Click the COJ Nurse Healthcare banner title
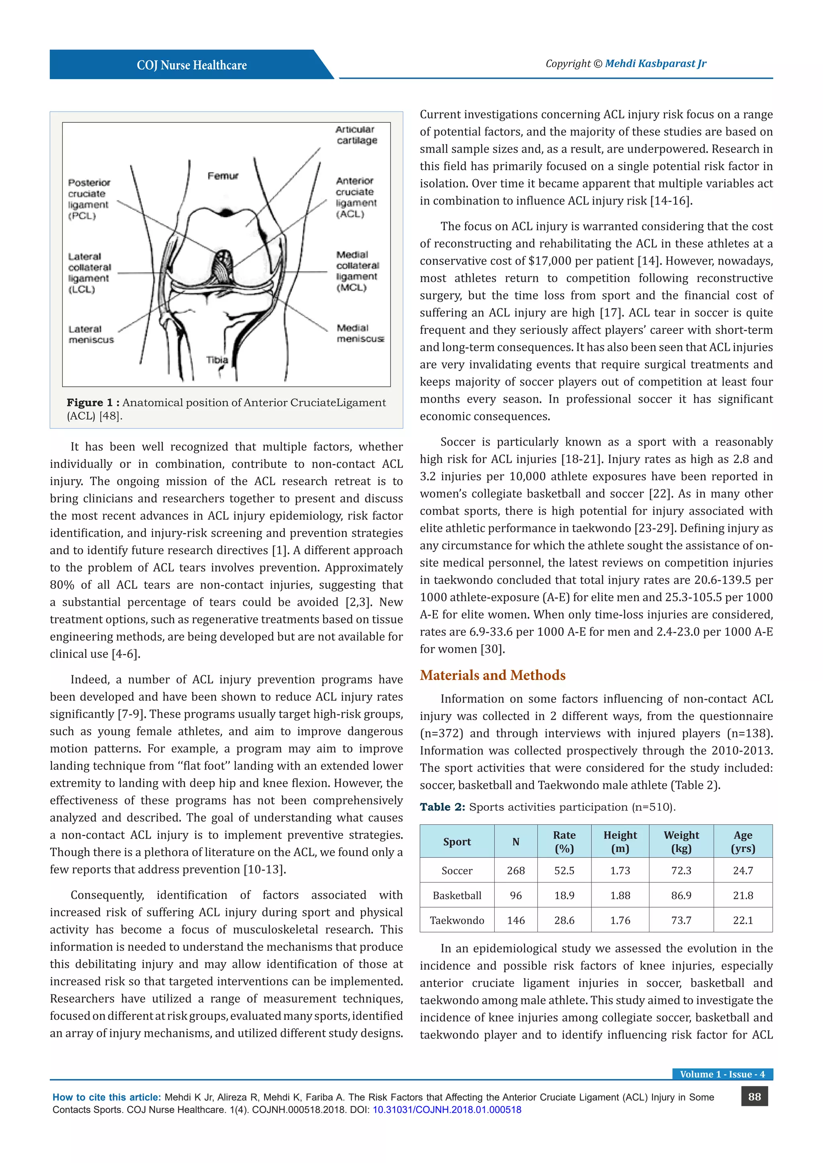(192, 65)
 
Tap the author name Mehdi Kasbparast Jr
(655, 64)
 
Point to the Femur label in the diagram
(223, 176)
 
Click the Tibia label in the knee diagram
(217, 360)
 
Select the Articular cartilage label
(356, 135)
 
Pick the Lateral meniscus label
(91, 334)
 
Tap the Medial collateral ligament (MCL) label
(357, 271)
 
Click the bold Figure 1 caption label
(93, 403)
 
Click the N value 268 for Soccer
(516, 871)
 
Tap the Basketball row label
(457, 896)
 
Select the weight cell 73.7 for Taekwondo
(681, 920)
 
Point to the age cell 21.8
(743, 896)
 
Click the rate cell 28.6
(564, 920)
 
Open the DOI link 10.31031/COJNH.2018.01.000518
(447, 1110)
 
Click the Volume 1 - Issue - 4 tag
(722, 1074)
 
